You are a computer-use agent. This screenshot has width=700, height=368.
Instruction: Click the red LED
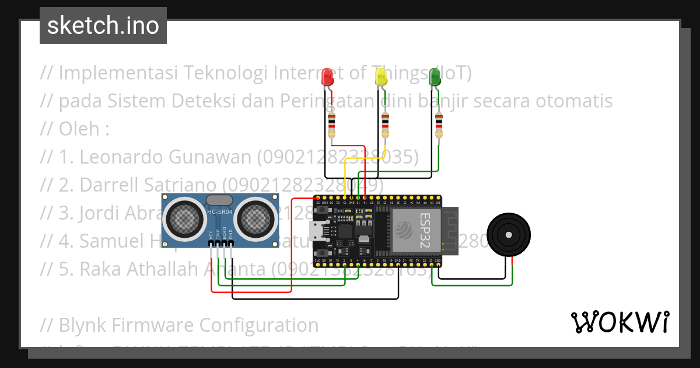pos(328,77)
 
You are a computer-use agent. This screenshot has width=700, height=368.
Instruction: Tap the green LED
pos(435,77)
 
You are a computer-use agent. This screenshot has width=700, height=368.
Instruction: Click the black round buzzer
pos(509,235)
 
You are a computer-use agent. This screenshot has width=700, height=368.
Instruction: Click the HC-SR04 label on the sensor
pos(218,211)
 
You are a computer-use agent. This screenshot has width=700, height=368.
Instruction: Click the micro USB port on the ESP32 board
pos(319,231)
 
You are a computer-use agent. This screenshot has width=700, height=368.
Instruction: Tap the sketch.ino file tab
pos(103,26)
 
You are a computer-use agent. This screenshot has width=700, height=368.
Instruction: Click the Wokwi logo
pos(619,322)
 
